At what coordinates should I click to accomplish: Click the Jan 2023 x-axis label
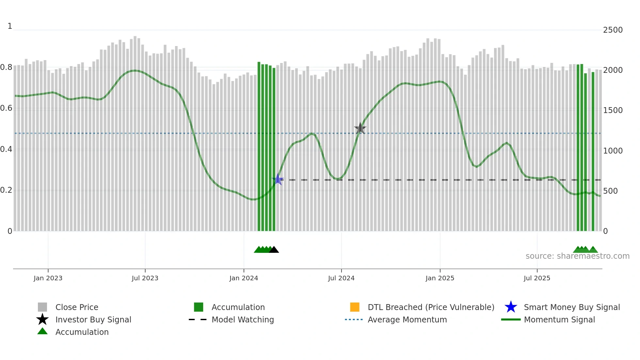point(48,278)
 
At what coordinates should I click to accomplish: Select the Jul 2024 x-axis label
point(341,278)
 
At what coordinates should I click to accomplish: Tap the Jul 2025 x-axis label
point(537,278)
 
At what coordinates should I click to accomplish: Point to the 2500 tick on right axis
point(613,30)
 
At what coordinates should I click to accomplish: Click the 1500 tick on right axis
point(613,110)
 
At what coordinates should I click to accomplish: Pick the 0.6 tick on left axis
point(6,108)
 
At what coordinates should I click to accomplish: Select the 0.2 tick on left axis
point(6,190)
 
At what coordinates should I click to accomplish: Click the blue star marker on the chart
point(278,179)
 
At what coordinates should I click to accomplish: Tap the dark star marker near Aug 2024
point(360,128)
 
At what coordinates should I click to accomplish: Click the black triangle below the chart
point(274,250)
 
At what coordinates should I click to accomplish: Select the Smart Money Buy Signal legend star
point(511,307)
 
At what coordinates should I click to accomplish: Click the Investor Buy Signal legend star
point(42,319)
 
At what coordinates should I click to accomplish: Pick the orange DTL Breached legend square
point(355,307)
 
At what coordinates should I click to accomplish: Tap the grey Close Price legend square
point(42,307)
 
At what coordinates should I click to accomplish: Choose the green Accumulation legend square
point(199,307)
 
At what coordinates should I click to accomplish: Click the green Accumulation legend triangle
point(42,332)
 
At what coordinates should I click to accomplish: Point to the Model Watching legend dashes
point(198,319)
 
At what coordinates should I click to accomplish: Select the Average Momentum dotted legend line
point(354,319)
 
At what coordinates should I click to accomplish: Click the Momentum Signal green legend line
point(511,319)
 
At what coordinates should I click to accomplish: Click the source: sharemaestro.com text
point(577,256)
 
